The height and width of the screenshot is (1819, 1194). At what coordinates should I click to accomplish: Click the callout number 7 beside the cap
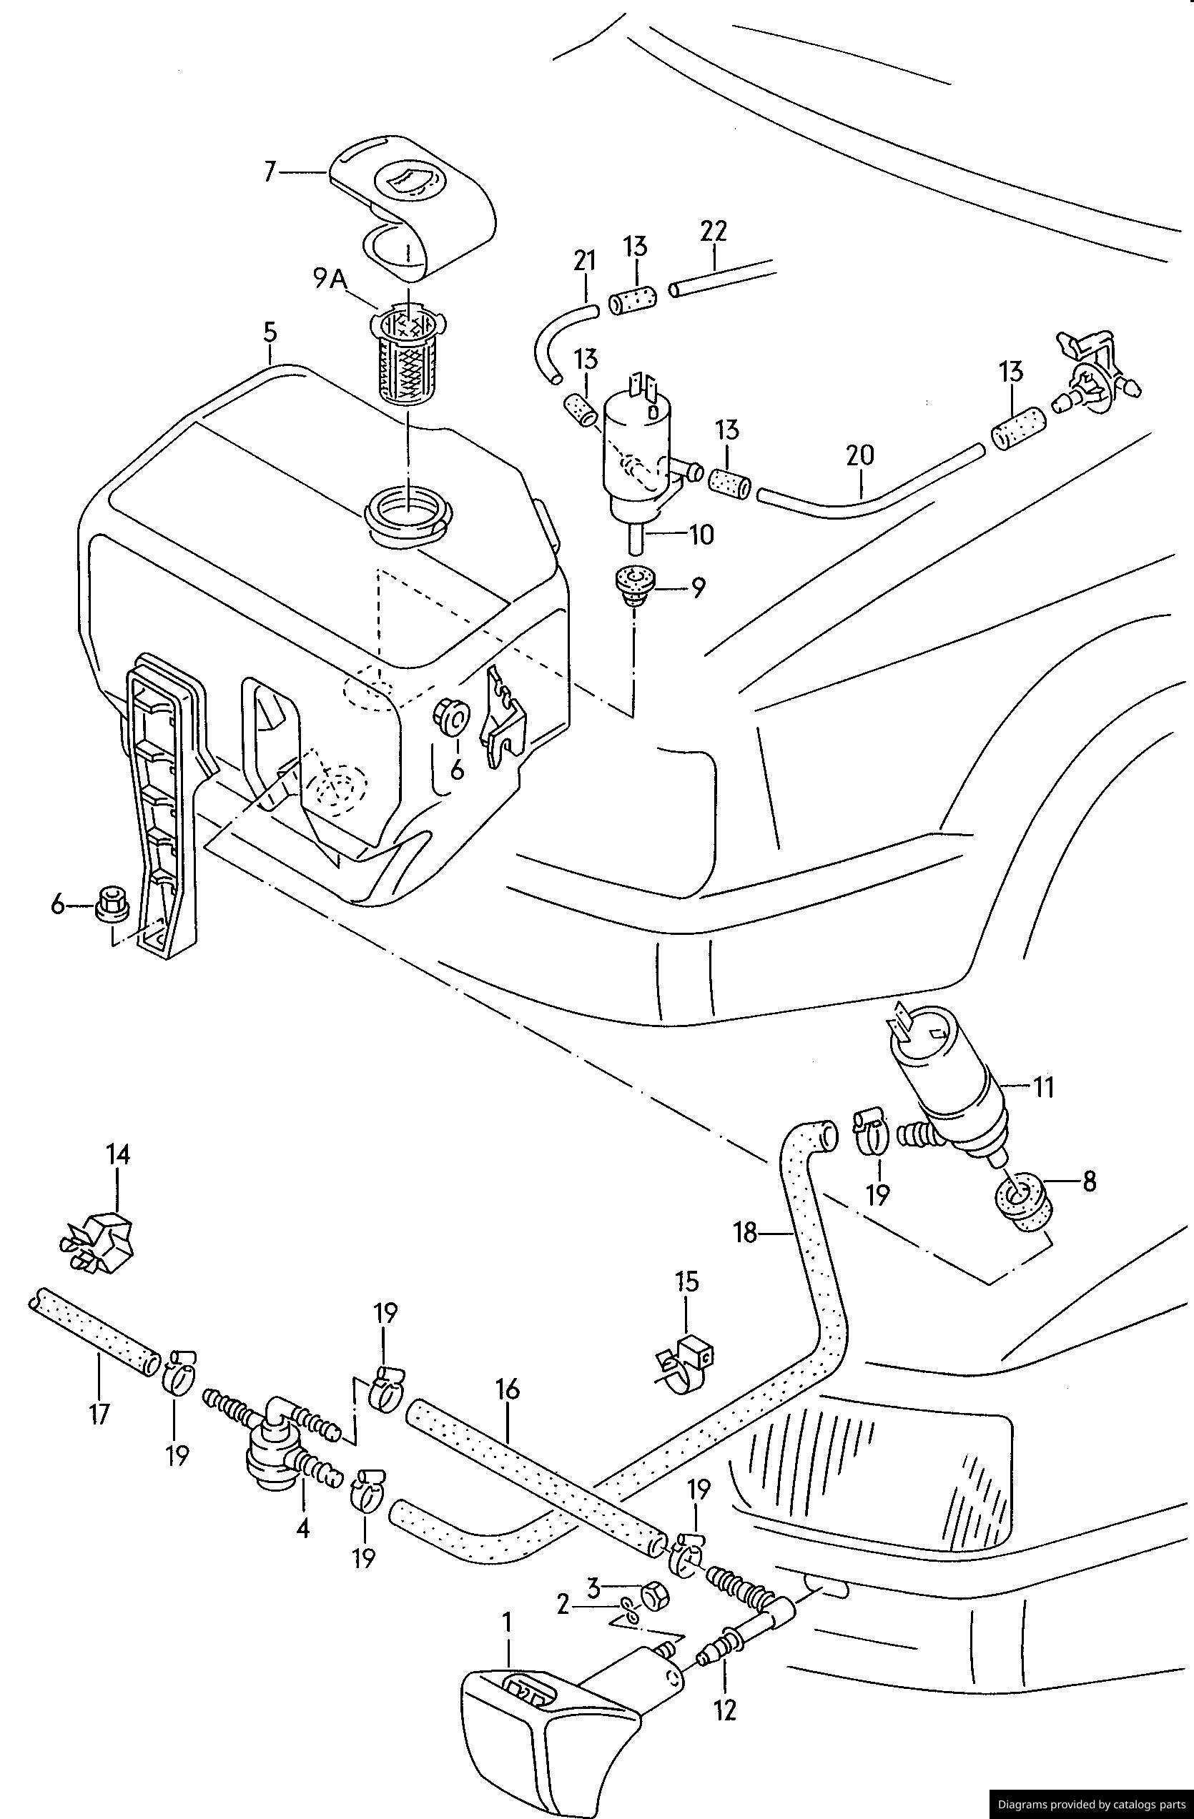(x=269, y=172)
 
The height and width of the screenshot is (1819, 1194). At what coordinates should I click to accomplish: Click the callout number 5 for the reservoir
(x=270, y=332)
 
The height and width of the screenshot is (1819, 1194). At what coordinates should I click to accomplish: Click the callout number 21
(x=585, y=261)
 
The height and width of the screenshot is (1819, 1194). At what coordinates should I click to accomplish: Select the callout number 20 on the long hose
(x=860, y=455)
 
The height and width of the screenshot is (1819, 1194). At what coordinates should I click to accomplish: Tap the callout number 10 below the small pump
(x=701, y=533)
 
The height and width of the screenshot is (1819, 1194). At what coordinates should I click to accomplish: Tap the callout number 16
(x=508, y=1389)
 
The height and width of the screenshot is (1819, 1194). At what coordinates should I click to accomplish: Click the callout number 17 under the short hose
(x=100, y=1413)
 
